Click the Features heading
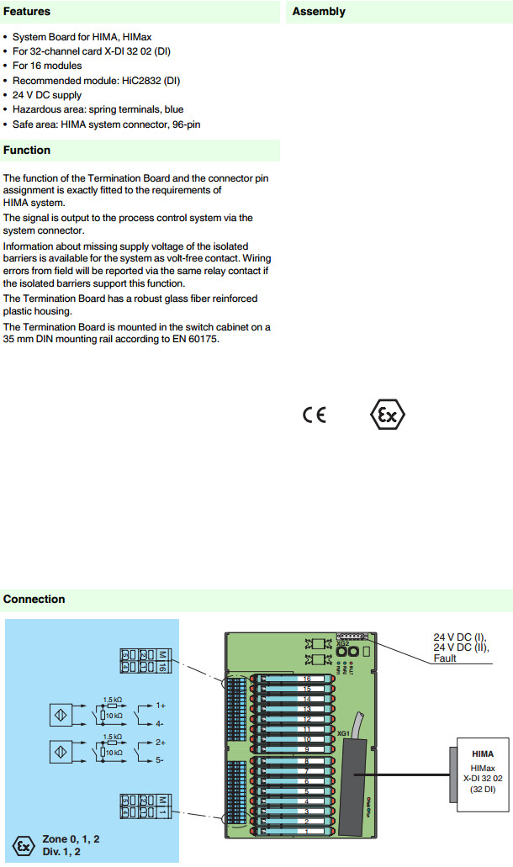click(x=27, y=12)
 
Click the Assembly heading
click(x=319, y=12)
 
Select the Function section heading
click(x=27, y=151)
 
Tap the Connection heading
click(x=34, y=600)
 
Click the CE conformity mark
click(x=314, y=416)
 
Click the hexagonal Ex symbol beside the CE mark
click(x=388, y=415)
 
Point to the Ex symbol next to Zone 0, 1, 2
click(x=24, y=843)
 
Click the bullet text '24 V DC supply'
click(x=47, y=95)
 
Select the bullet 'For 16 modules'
click(x=47, y=66)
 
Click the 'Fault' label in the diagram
click(x=446, y=659)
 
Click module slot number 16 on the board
click(x=307, y=655)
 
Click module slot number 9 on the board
click(x=307, y=748)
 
